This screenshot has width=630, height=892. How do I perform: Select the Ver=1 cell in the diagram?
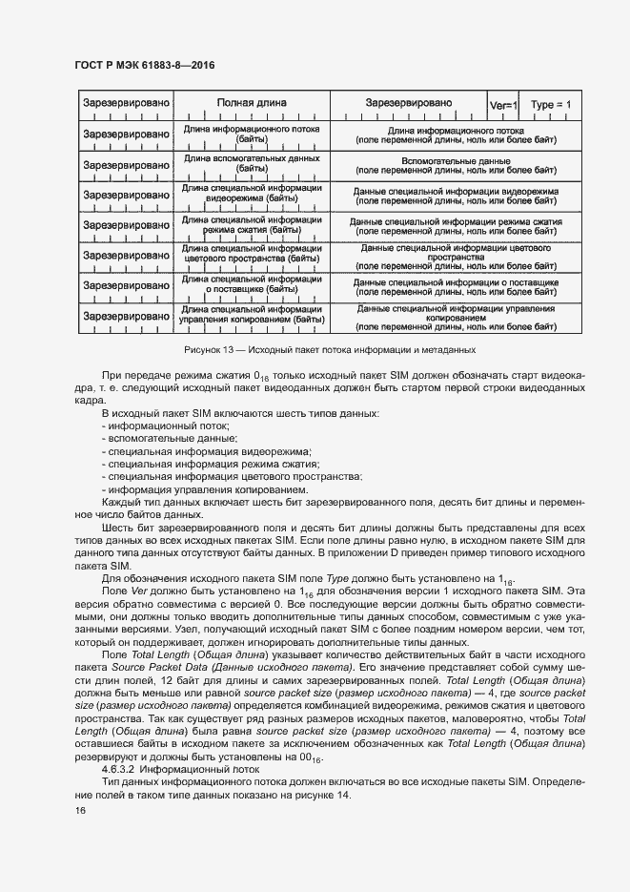501,104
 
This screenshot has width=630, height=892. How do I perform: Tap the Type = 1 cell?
550,104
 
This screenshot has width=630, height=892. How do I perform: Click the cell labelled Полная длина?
252,103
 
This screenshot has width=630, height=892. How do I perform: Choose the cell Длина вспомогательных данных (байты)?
252,164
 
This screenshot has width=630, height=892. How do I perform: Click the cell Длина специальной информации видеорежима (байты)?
252,195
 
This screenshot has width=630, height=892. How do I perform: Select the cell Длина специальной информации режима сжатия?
252,225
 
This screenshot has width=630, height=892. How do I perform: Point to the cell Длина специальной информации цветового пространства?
252,256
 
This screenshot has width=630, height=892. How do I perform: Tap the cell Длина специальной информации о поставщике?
252,286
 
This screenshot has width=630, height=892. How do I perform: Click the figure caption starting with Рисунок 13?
329,351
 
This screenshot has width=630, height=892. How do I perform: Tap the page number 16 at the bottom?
81,810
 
